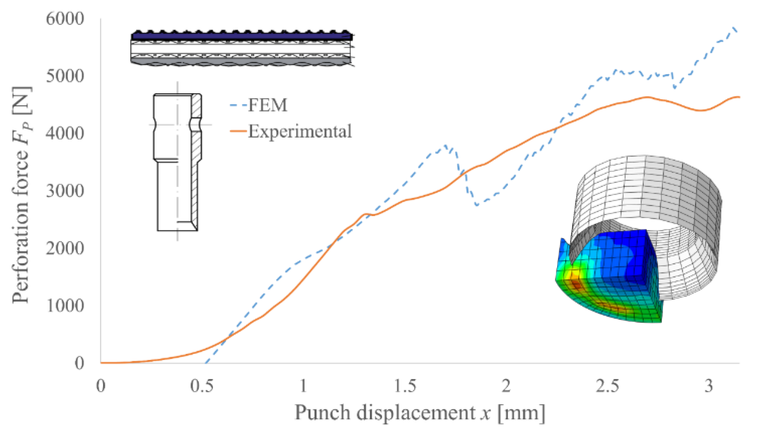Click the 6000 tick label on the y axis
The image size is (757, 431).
click(x=65, y=18)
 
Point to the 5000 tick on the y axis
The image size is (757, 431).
click(x=65, y=76)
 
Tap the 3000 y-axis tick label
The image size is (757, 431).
click(x=65, y=191)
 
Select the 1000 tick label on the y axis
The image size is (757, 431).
click(x=65, y=305)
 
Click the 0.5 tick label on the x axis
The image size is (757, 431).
click(x=202, y=386)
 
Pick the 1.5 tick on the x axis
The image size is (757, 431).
click(x=405, y=386)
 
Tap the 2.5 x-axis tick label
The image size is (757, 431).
click(x=608, y=386)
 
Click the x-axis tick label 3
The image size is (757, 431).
click(x=709, y=386)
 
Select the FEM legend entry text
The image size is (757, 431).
click(x=268, y=105)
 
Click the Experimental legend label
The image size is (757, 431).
click(x=300, y=131)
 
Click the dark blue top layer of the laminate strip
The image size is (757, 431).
click(x=241, y=36)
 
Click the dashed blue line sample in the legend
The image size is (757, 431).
click(x=238, y=105)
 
